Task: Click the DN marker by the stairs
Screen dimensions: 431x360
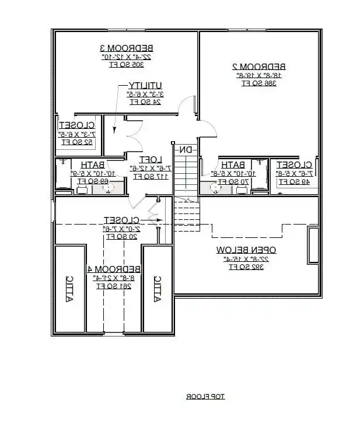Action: (x=185, y=150)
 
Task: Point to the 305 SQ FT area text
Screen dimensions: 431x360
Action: (x=125, y=65)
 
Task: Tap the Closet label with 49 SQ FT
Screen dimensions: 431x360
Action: (x=296, y=164)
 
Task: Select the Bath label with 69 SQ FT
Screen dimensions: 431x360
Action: (x=92, y=165)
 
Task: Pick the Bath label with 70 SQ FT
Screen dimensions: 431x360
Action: (x=233, y=164)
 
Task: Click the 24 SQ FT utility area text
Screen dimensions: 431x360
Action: (x=145, y=101)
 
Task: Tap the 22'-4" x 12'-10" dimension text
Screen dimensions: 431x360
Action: (x=126, y=57)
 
